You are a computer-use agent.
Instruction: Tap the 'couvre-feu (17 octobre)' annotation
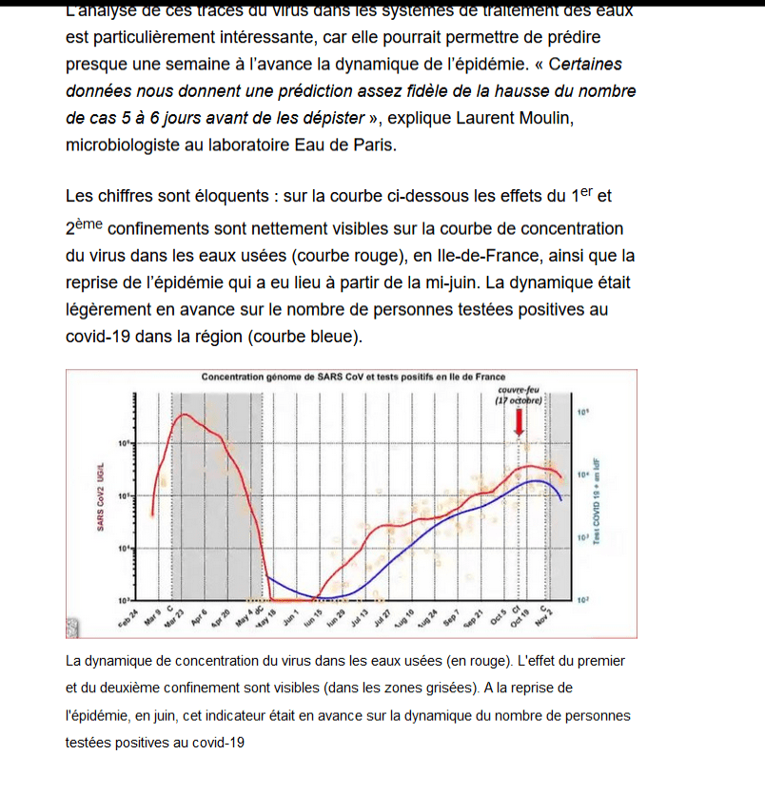tap(519, 396)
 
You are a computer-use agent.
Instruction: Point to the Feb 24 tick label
tap(128, 619)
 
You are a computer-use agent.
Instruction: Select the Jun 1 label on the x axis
tap(289, 616)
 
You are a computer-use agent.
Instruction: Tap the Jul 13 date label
tap(358, 619)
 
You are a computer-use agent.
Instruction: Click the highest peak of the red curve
tap(185, 416)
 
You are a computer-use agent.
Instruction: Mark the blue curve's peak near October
tap(539, 481)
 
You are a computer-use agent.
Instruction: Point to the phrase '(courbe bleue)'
tap(314, 336)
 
